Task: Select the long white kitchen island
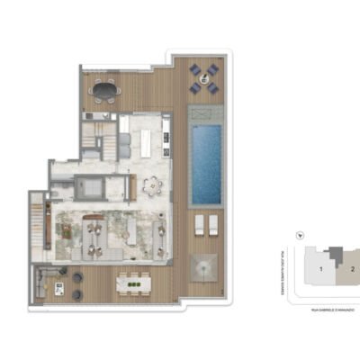tap(146, 141)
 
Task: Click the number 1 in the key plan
tap(320, 268)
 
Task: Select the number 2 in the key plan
tap(352, 268)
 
